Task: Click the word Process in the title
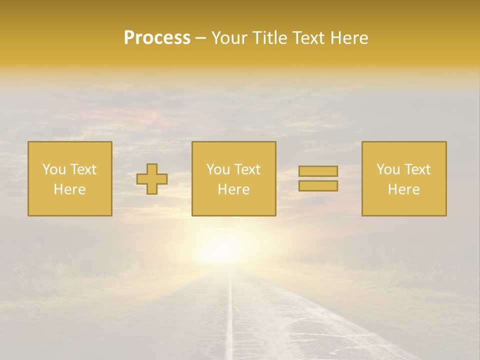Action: coord(157,38)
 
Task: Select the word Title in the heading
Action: coord(270,38)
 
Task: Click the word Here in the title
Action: coord(351,38)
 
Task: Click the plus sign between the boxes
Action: coord(152,179)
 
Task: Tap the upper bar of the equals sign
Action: coord(318,171)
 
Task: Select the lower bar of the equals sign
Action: coord(318,186)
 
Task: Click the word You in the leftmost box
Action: coord(54,169)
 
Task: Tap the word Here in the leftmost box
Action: coord(70,189)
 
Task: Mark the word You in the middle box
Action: coord(218,169)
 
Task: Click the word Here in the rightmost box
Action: coord(404,189)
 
